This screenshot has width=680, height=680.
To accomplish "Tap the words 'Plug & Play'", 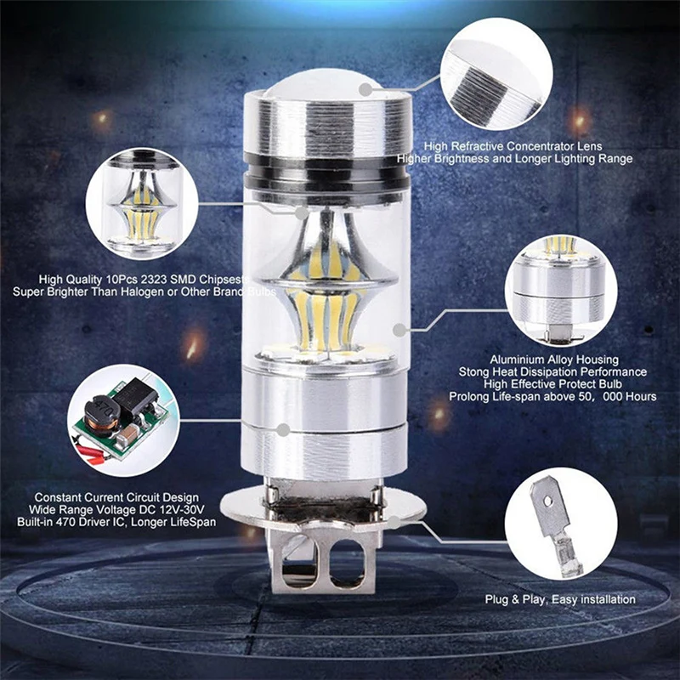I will (x=514, y=599).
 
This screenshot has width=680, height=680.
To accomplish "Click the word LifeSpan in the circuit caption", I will (x=192, y=521).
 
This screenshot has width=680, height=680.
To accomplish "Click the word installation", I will (x=604, y=599).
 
